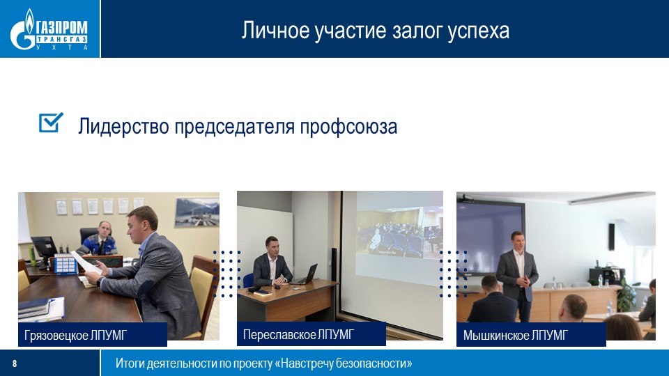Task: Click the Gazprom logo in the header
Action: pyautogui.click(x=49, y=29)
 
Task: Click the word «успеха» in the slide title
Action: pyautogui.click(x=478, y=31)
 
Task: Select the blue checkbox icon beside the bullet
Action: pyautogui.click(x=51, y=123)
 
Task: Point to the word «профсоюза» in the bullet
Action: pyautogui.click(x=348, y=127)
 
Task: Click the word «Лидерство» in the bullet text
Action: pyautogui.click(x=123, y=127)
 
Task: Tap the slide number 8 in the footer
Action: pyautogui.click(x=15, y=363)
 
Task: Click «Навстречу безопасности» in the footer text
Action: pyautogui.click(x=344, y=363)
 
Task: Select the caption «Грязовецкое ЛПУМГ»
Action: pyautogui.click(x=75, y=335)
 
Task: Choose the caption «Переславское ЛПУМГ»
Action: pyautogui.click(x=298, y=335)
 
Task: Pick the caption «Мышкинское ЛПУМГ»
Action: pyautogui.click(x=516, y=336)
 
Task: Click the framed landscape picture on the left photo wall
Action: pyautogui.click(x=197, y=212)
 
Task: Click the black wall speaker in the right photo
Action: pyautogui.click(x=611, y=237)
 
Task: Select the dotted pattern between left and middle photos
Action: pyautogui.click(x=227, y=274)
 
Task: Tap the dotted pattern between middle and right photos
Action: pyautogui.click(x=454, y=274)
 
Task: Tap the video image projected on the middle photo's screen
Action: pyautogui.click(x=399, y=233)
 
